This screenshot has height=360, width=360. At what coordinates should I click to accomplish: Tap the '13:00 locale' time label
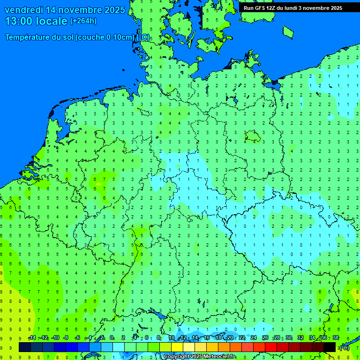coord(36,21)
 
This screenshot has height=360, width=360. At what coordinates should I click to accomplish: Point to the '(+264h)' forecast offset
coord(83,21)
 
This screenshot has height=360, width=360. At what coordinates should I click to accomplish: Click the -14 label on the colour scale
coord(32,338)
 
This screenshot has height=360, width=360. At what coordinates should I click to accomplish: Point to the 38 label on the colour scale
coord(336,338)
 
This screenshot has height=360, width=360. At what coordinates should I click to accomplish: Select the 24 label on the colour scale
coord(254,338)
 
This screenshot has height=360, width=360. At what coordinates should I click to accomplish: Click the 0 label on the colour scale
coord(112,338)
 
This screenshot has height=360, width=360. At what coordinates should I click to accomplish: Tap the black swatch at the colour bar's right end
coord(330,347)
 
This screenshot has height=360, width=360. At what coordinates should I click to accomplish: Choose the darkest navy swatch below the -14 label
coord(25,347)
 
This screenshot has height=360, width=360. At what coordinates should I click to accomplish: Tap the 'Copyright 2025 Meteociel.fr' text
coord(199,357)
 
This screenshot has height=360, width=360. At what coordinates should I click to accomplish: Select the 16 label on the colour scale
coord(207,338)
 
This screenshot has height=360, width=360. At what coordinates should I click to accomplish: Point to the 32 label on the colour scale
coord(300,338)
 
